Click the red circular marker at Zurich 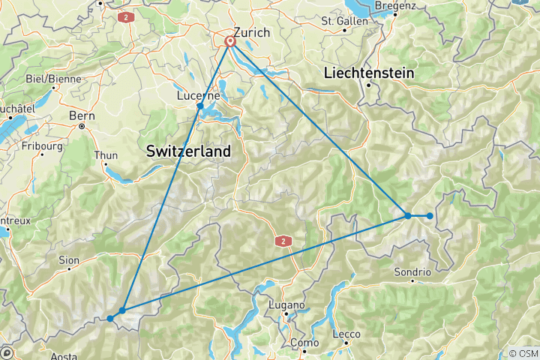tap(230, 42)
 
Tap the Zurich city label tap(250, 32)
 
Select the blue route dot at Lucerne tap(200, 106)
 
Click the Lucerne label tap(198, 95)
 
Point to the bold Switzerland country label tap(188, 151)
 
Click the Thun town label tap(105, 156)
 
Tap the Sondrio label tap(413, 271)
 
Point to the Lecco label tap(346, 334)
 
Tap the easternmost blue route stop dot tap(430, 216)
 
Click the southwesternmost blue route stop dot tap(110, 319)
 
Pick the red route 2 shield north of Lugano tap(283, 241)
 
